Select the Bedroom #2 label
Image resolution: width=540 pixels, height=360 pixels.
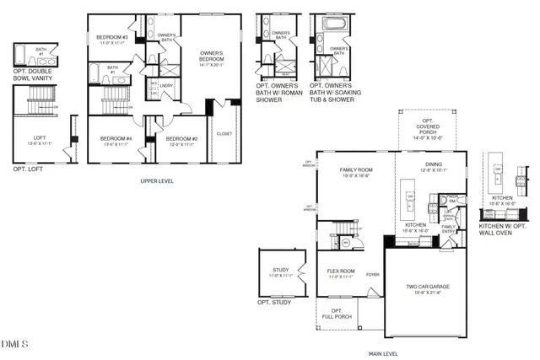click(x=181, y=140)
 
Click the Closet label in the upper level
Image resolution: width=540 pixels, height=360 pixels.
click(x=224, y=133)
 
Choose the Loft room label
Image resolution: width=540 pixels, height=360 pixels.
click(x=40, y=140)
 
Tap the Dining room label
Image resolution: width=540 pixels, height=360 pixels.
click(x=433, y=167)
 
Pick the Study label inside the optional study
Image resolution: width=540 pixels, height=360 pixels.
click(x=278, y=272)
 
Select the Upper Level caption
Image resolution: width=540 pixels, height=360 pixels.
click(x=158, y=180)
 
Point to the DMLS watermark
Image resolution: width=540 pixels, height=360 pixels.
click(x=15, y=344)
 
